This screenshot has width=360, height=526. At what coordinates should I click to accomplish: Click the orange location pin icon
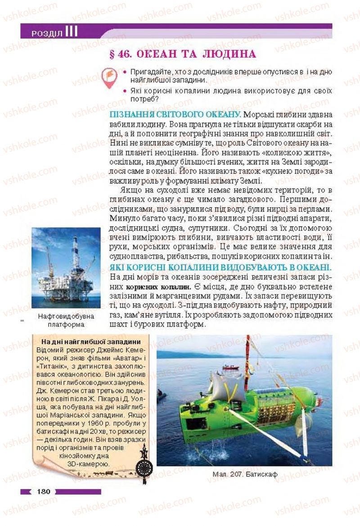[109, 77]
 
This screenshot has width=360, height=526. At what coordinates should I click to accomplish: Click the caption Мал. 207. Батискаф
[244, 474]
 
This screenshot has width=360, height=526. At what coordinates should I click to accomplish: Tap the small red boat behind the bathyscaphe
[231, 367]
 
